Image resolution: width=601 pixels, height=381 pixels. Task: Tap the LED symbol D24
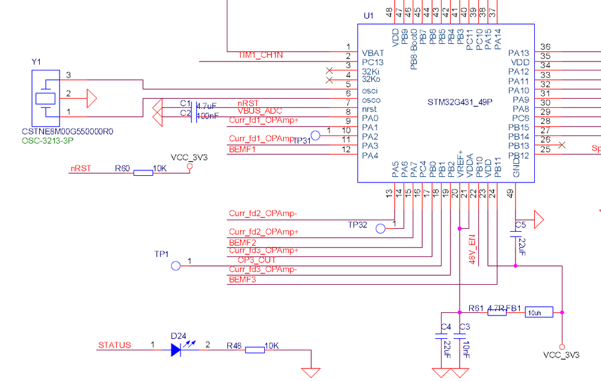pos(176,350)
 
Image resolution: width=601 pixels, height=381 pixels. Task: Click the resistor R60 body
pos(143,173)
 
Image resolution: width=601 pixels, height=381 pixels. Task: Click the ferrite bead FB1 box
pos(538,312)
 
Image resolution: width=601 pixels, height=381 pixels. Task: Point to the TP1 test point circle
pos(176,266)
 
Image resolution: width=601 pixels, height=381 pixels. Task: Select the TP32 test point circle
pos(380,229)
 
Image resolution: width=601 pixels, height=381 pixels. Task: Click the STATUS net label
pos(114,345)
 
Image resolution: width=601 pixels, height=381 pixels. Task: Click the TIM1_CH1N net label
pos(260,55)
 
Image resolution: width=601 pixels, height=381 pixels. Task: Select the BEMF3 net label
pos(243,280)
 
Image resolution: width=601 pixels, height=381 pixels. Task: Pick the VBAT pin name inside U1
pos(373,53)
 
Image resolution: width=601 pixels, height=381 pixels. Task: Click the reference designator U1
pos(369,15)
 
